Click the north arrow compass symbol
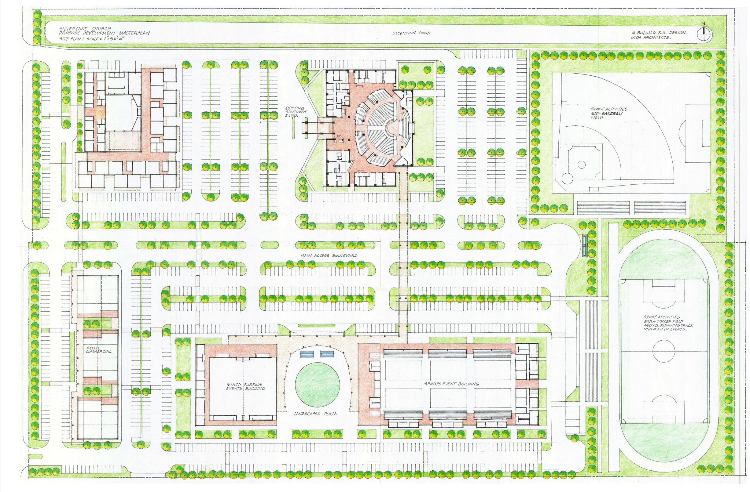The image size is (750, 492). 702,34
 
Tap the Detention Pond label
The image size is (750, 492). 411,33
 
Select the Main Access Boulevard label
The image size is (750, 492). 329,255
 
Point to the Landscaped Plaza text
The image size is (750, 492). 315,414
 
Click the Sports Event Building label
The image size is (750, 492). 452,384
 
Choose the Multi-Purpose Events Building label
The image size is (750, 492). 246,386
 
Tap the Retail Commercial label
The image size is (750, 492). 99,350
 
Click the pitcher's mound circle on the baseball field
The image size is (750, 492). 582,164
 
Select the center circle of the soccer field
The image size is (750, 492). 663,351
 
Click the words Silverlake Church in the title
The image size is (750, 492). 85,28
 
